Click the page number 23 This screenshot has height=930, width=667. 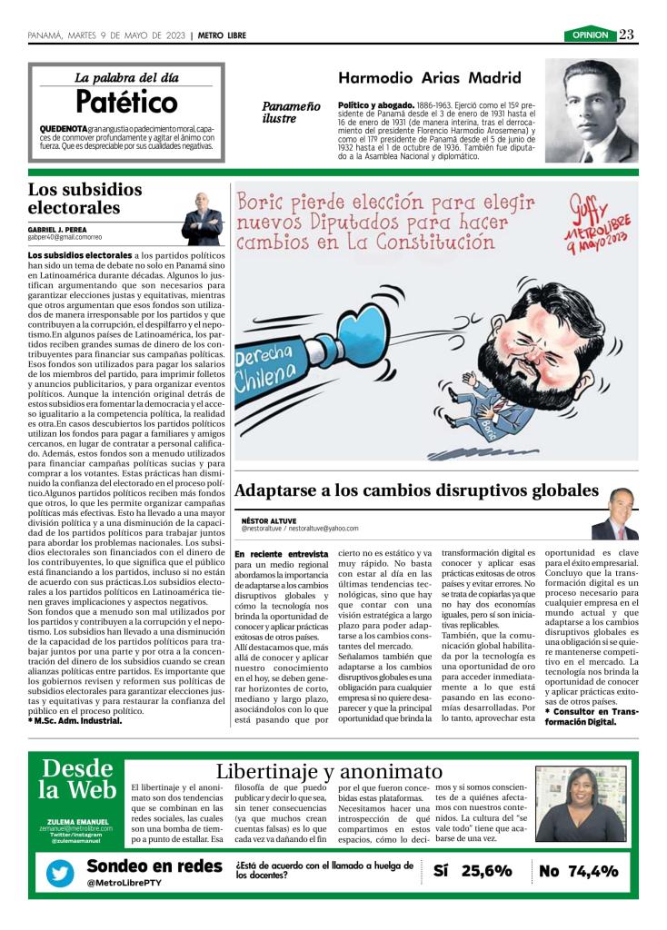click(x=627, y=35)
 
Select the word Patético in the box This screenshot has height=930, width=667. click(x=126, y=101)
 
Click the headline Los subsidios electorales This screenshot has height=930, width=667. click(x=85, y=198)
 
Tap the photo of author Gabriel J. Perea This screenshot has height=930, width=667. click(x=202, y=221)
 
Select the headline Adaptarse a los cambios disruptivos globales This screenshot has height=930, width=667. click(x=416, y=490)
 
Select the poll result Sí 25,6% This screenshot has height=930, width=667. click(x=473, y=871)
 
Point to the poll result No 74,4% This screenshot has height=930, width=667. click(x=578, y=871)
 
